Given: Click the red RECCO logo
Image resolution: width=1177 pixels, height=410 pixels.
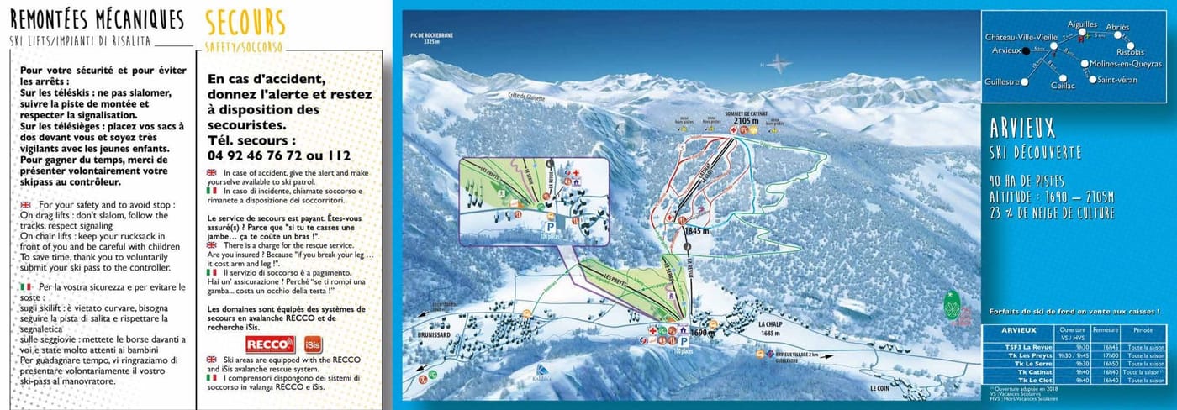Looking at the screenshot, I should click(x=270, y=344).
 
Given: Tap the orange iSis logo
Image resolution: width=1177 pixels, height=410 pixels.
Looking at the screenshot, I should click(x=313, y=344).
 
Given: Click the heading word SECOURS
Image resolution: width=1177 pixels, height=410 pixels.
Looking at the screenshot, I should click(x=245, y=23).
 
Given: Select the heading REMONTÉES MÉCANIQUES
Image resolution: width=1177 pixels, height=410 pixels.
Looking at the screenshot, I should click(x=97, y=19).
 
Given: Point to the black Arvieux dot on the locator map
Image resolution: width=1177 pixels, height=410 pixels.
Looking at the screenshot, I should click(x=1026, y=50).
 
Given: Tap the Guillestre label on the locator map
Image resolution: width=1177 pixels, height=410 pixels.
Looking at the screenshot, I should click(x=1002, y=81).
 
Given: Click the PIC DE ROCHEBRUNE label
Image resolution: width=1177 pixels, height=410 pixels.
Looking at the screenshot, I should click(x=426, y=35).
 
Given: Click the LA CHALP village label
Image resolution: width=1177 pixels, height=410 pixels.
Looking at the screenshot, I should click(x=770, y=324).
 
